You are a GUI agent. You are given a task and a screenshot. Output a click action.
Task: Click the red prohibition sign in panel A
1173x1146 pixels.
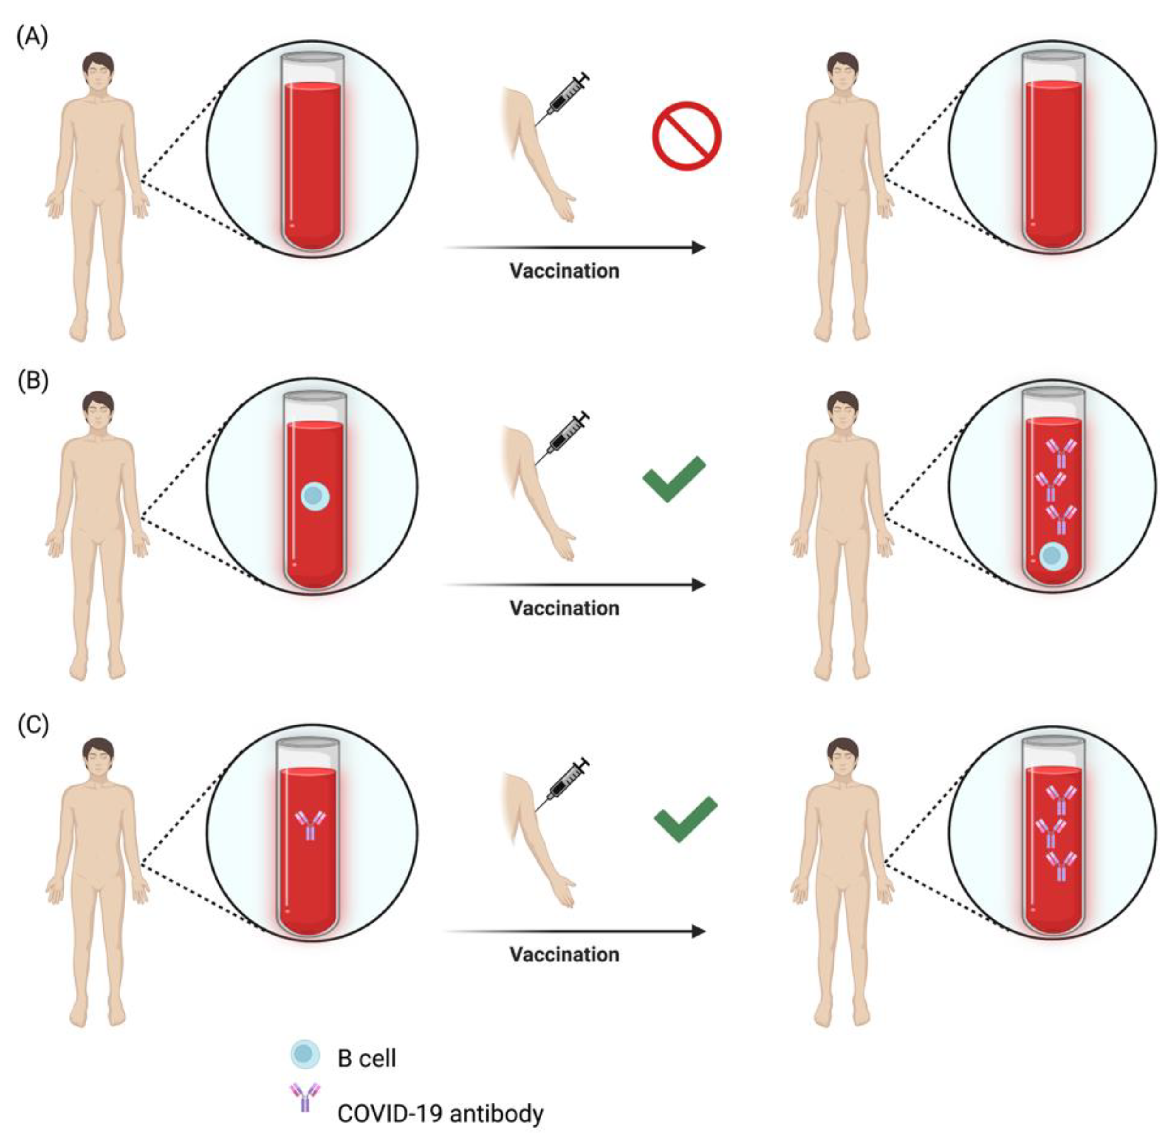click(686, 136)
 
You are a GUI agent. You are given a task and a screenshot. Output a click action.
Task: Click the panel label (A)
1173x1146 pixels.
click(32, 37)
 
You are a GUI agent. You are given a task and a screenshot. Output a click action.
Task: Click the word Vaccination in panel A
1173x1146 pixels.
click(564, 271)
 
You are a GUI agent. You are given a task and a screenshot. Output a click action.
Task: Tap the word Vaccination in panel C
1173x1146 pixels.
click(564, 955)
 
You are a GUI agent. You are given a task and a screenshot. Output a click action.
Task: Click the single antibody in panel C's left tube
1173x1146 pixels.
click(309, 824)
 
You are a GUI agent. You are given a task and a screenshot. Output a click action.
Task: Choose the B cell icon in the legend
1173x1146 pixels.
click(305, 1053)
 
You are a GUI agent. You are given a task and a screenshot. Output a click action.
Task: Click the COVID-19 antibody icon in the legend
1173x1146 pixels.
click(305, 1097)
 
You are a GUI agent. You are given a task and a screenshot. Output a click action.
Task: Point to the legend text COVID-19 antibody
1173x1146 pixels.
click(440, 1113)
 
